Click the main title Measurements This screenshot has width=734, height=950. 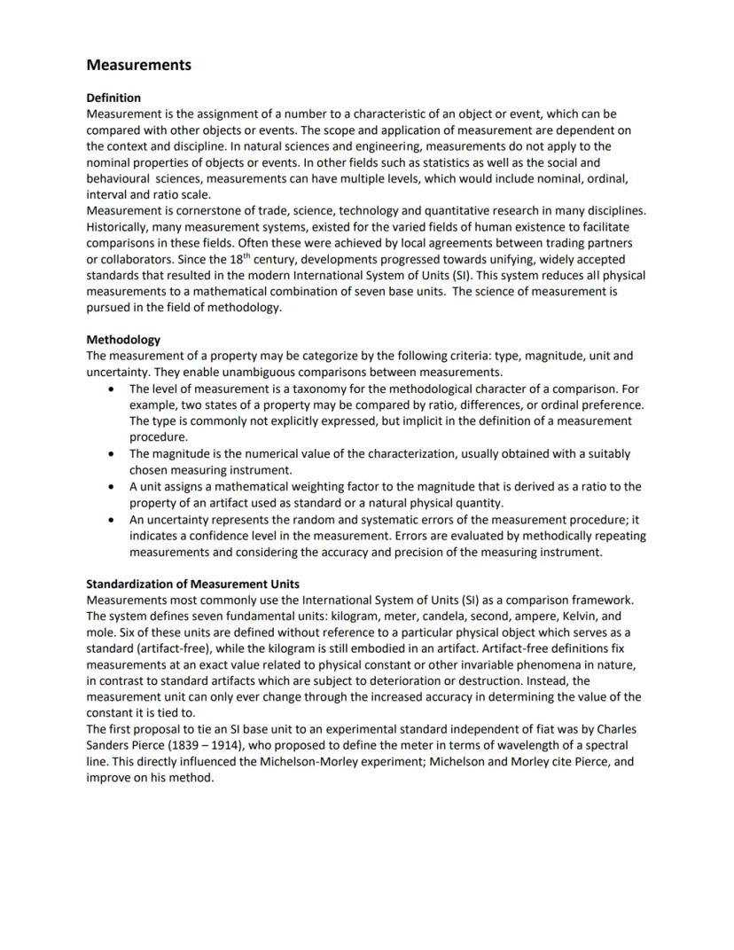(x=138, y=65)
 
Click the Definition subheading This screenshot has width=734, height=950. (x=113, y=98)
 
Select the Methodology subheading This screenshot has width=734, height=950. (x=123, y=339)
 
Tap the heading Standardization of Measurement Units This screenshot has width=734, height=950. (x=192, y=584)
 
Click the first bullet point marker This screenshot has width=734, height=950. (x=110, y=389)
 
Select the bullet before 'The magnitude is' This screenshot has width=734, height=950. (x=110, y=454)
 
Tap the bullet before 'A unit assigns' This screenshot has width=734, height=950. (x=110, y=487)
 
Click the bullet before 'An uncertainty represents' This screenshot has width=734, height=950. (x=110, y=520)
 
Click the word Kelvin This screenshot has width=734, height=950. (x=580, y=616)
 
